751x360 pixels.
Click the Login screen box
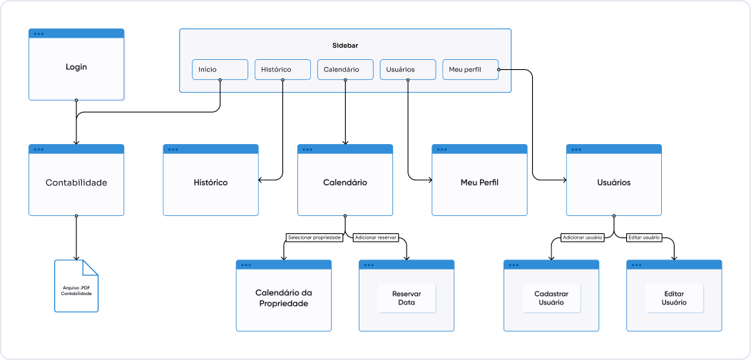coord(76,66)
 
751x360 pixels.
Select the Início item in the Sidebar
coord(220,69)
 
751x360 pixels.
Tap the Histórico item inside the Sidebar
coord(282,69)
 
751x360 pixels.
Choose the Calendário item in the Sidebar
coord(345,69)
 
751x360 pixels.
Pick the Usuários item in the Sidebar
coord(408,69)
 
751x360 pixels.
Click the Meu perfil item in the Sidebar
coord(470,69)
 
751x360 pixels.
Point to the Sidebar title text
coord(345,45)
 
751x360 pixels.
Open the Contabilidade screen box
coord(76,182)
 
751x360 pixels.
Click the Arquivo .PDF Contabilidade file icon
coord(76,286)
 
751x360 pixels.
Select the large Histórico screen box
coord(210,182)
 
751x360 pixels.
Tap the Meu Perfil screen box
coord(479,182)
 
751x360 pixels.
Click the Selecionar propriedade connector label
coord(315,237)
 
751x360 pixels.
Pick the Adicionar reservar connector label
coord(375,237)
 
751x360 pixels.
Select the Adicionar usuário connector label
coord(583,237)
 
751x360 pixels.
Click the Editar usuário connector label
coord(644,237)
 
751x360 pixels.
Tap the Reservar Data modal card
coord(407,298)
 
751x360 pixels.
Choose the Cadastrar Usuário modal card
coord(551,298)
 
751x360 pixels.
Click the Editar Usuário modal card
coord(674,298)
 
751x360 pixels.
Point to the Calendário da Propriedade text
coord(284,298)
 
